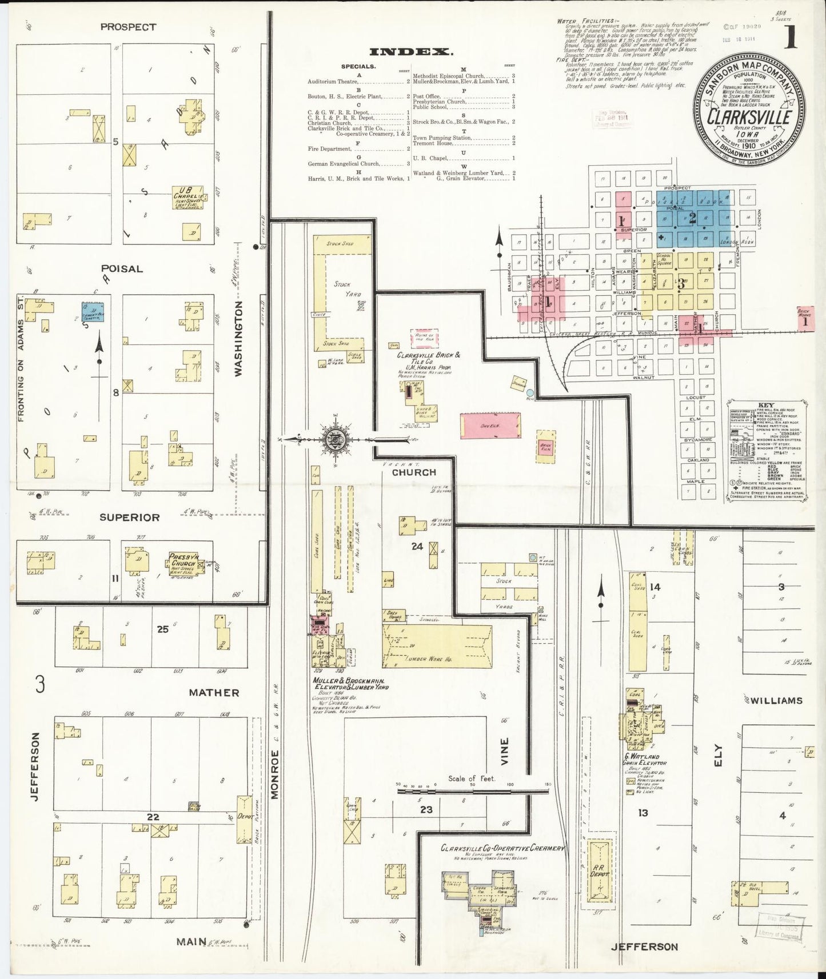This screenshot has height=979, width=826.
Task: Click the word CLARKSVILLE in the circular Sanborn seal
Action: click(749, 117)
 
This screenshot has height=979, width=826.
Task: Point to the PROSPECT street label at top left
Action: click(128, 27)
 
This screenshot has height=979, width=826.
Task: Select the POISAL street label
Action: click(122, 268)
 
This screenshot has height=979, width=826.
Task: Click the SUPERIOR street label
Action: click(129, 517)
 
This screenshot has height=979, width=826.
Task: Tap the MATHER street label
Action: click(214, 692)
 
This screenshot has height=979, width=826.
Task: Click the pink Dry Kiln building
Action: click(490, 426)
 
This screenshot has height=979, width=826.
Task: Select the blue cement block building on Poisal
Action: click(93, 312)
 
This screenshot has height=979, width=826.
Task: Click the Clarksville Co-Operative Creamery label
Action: click(502, 848)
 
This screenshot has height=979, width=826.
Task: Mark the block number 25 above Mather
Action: click(163, 629)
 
